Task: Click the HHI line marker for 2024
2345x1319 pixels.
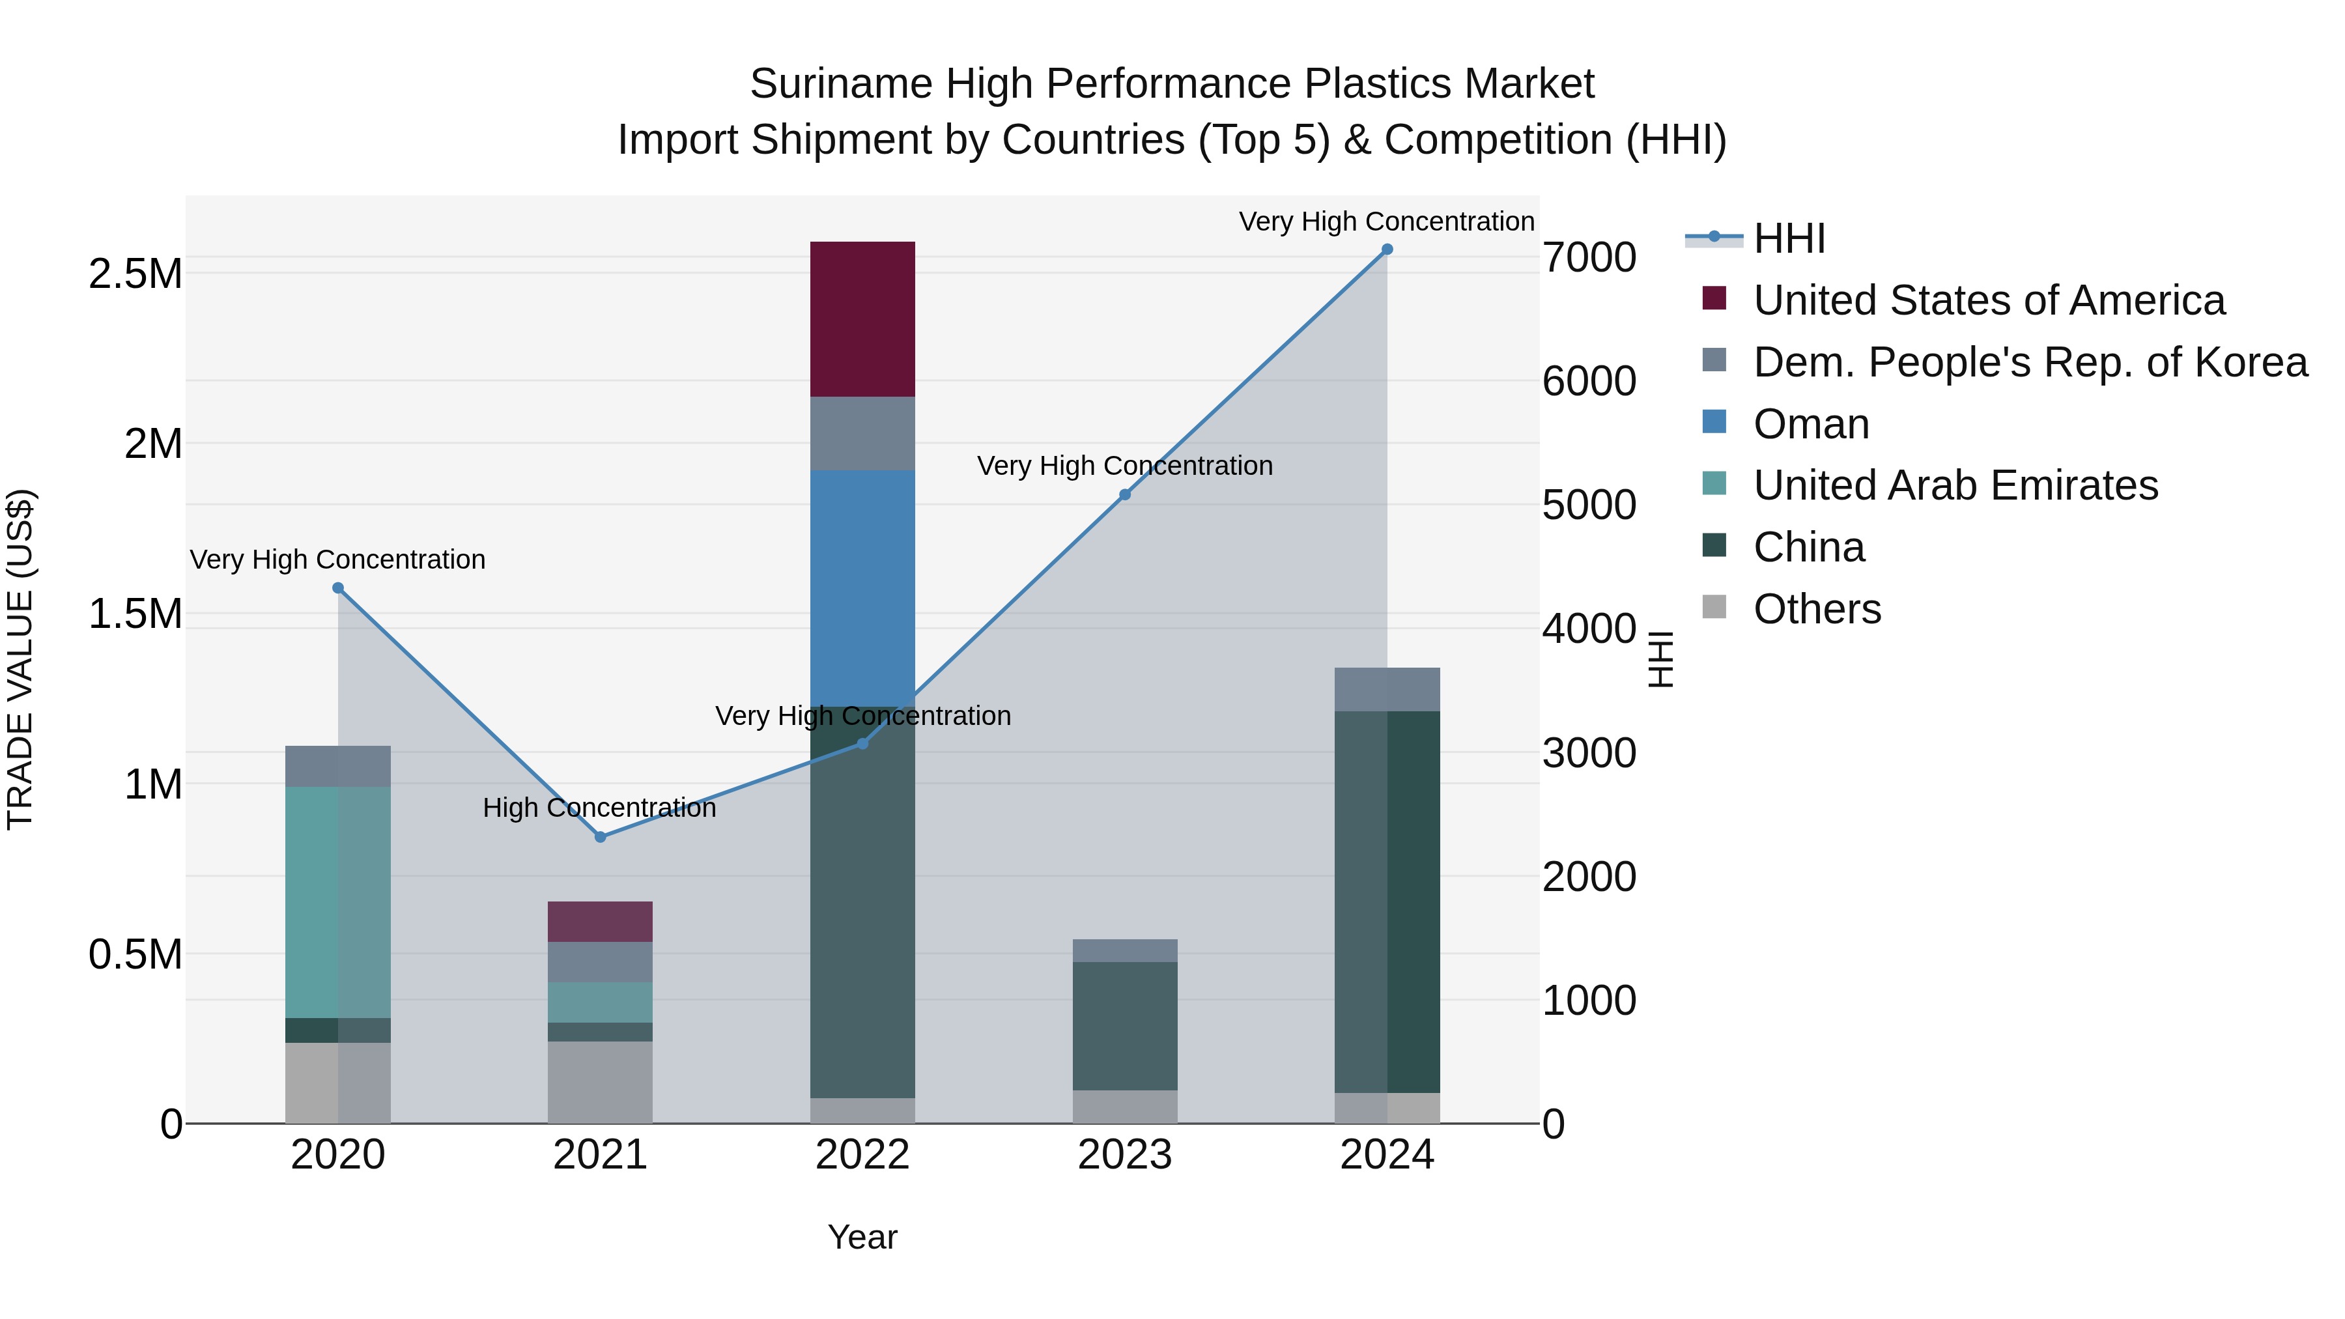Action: click(1386, 249)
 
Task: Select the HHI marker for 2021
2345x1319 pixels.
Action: click(600, 836)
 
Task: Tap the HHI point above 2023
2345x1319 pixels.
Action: click(1124, 494)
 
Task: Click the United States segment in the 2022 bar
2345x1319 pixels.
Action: click(862, 319)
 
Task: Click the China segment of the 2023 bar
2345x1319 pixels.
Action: click(1124, 1025)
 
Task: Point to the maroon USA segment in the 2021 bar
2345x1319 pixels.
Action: click(600, 921)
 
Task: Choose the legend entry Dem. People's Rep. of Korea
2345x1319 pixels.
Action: click(2029, 362)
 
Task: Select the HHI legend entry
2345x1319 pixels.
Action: click(1788, 238)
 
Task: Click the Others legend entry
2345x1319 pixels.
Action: click(1816, 609)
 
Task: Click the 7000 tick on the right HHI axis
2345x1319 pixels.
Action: click(1589, 257)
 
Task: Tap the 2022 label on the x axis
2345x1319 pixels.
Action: click(862, 1155)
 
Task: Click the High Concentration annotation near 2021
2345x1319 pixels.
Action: click(599, 808)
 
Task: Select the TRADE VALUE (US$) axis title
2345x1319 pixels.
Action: click(20, 659)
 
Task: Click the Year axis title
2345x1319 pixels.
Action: click(862, 1237)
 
